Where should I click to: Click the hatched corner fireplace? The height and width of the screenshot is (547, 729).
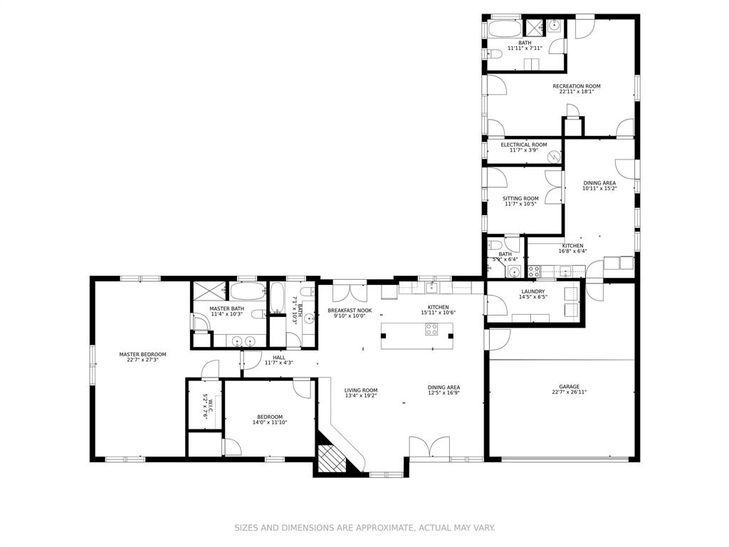click(332, 459)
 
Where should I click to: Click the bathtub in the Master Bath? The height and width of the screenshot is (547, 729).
click(248, 292)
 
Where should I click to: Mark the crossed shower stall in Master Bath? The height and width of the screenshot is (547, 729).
click(209, 291)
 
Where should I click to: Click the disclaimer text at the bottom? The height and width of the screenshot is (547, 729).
click(364, 528)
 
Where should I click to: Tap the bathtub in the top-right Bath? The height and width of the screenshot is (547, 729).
click(504, 28)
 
